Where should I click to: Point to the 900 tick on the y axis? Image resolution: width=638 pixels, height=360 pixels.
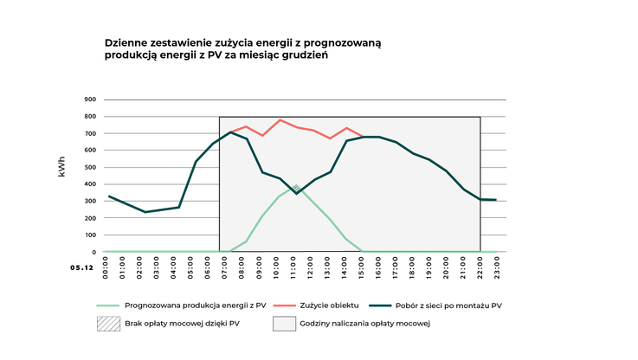(x=90, y=100)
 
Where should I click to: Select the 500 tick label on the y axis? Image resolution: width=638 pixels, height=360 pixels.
(x=90, y=167)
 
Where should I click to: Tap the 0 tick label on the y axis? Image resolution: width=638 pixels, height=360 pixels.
(x=93, y=252)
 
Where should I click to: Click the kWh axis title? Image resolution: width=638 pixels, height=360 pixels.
(x=61, y=167)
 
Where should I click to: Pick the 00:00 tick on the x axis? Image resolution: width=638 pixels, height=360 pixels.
(x=106, y=265)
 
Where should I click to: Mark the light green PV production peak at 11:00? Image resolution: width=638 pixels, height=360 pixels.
(x=296, y=186)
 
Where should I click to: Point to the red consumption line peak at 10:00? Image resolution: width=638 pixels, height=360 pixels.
(x=280, y=120)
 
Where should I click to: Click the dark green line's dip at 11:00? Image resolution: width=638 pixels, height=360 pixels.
(x=296, y=194)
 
